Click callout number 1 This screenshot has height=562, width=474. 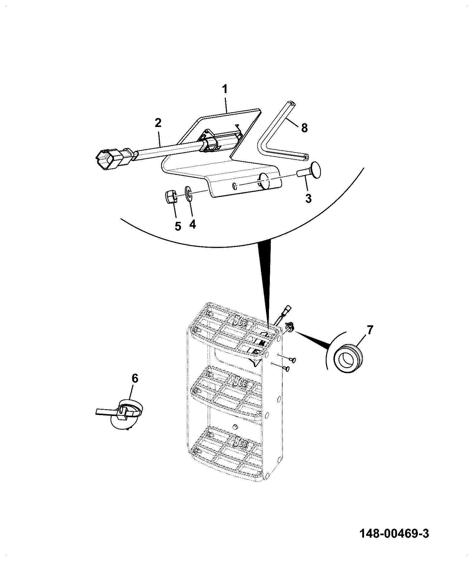[x=225, y=89]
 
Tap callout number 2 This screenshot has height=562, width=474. [x=158, y=123]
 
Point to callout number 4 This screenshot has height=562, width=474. [x=193, y=224]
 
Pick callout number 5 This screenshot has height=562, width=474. [x=178, y=226]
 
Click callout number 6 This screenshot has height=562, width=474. [x=135, y=379]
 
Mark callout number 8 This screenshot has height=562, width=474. [x=304, y=128]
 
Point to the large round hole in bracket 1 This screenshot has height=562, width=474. [x=264, y=180]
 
